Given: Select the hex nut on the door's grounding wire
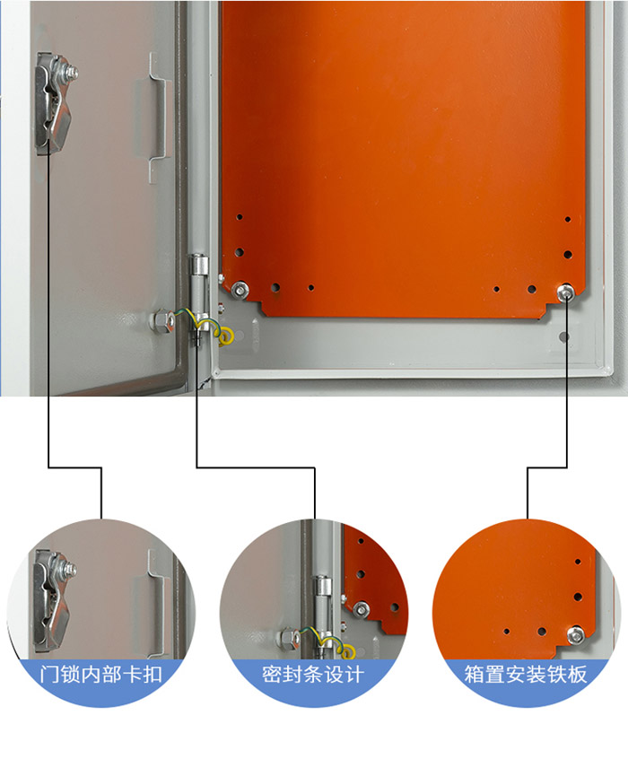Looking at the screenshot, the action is (x=163, y=320).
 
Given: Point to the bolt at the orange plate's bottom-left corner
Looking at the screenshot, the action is (x=240, y=290).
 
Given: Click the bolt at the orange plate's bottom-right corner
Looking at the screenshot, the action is (x=565, y=292).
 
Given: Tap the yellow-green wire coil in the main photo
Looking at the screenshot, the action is (x=224, y=336).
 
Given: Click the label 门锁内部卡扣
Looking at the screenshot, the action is (x=100, y=674).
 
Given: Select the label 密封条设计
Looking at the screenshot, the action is (x=313, y=674).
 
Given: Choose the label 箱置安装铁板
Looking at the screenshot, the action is (x=526, y=674).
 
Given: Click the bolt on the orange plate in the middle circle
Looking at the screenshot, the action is (x=361, y=609).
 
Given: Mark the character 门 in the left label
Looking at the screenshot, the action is (x=49, y=674).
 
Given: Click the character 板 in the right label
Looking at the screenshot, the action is (x=577, y=674).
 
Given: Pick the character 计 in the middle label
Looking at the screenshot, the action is (x=354, y=674).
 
